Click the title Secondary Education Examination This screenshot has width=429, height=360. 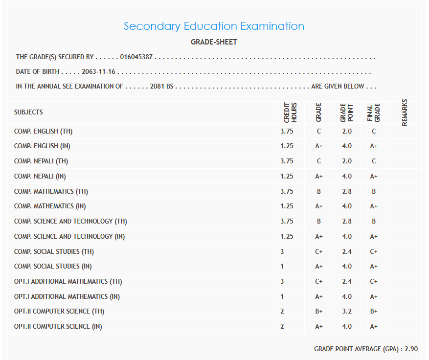(x=214, y=26)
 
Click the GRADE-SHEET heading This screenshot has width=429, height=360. (x=214, y=42)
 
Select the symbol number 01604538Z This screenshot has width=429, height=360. (x=136, y=57)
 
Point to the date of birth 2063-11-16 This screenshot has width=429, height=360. (x=98, y=72)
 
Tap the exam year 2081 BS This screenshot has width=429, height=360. (x=162, y=87)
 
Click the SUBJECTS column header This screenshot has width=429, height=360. (x=28, y=112)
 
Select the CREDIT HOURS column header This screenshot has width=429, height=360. (x=290, y=112)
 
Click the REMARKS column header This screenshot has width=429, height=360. (x=405, y=112)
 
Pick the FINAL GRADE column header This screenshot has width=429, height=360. (x=373, y=112)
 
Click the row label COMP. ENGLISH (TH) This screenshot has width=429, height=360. (x=43, y=132)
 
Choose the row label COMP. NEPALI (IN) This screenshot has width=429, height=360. (x=41, y=177)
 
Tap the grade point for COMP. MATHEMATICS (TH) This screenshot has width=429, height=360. (x=347, y=192)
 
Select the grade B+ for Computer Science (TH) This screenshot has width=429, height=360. (x=319, y=312)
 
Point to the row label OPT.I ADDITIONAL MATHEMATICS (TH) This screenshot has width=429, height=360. (x=68, y=282)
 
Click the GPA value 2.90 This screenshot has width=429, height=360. (x=411, y=349)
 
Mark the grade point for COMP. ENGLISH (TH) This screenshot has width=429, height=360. (x=347, y=132)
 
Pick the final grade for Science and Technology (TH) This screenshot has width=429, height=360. (x=374, y=222)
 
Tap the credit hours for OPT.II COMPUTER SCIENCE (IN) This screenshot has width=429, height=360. (x=283, y=327)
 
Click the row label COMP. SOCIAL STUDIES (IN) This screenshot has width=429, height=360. (x=53, y=267)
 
